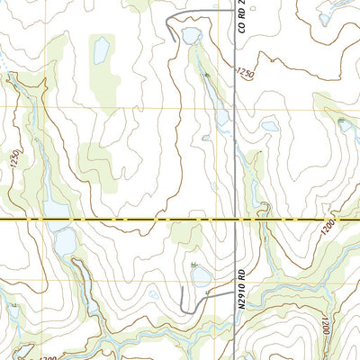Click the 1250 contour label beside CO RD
(x=246, y=71)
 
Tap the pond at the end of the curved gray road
(x=191, y=36)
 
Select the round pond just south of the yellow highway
(x=64, y=241)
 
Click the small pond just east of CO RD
(x=270, y=127)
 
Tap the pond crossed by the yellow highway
(x=56, y=211)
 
